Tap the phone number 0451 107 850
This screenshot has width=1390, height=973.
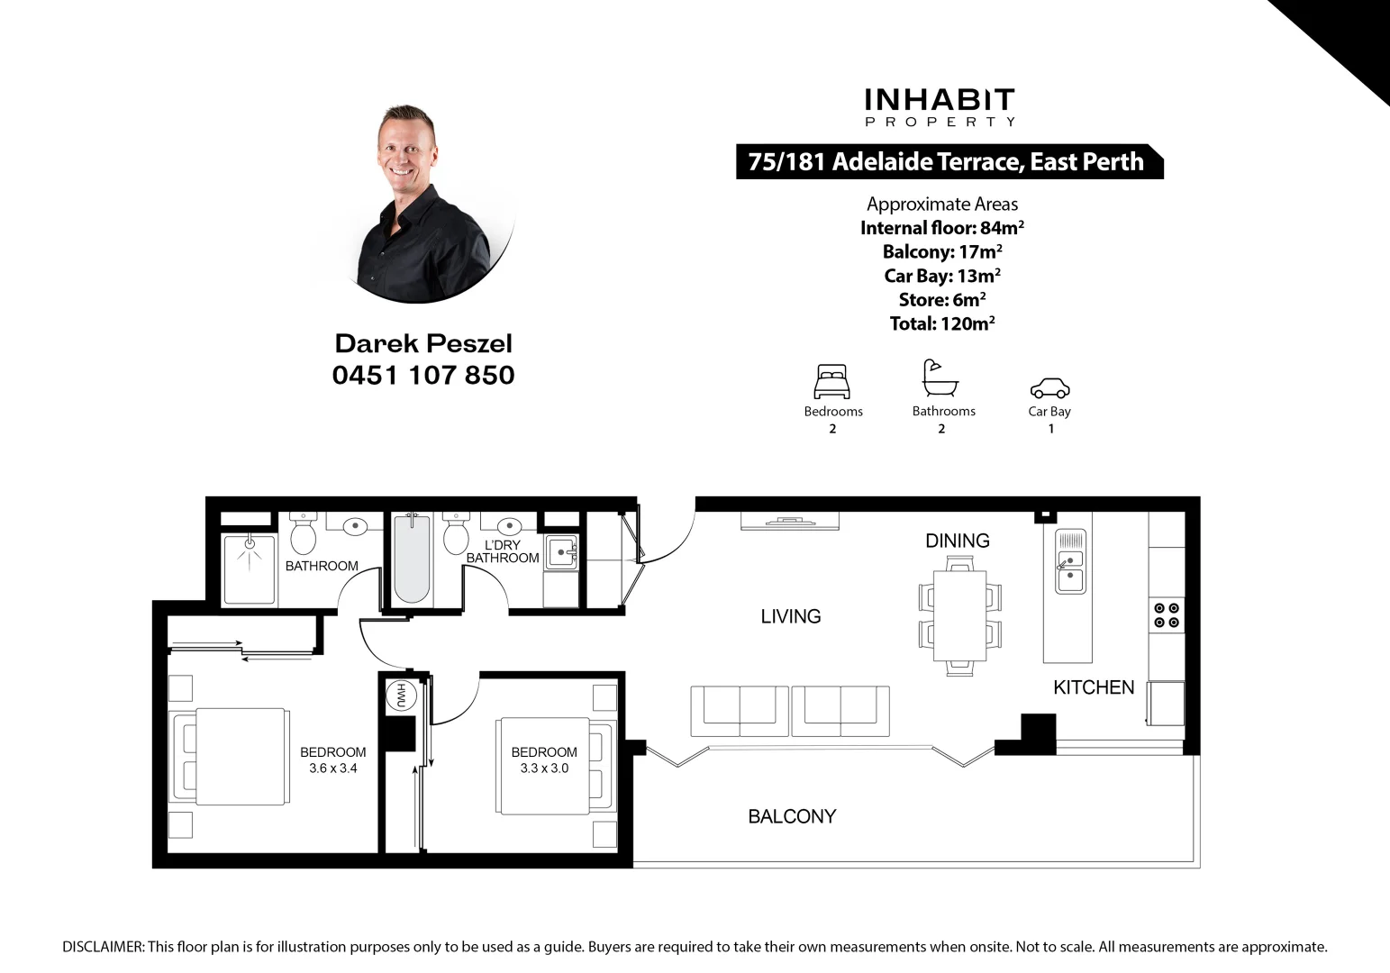point(423,375)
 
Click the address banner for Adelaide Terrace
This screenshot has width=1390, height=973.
point(946,162)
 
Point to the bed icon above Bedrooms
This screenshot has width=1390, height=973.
point(831,381)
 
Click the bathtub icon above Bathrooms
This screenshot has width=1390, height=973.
point(940,378)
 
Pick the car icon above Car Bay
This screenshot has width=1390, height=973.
point(1049,387)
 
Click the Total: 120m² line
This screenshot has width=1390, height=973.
point(941,323)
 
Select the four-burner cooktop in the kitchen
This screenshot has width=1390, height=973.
point(1167,615)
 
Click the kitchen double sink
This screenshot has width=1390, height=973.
point(1070,560)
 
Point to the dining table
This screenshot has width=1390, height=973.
point(959,615)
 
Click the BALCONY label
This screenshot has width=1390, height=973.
point(792,816)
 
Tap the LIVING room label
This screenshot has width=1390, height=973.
point(791,616)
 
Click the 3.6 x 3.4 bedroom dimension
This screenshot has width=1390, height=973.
point(333,768)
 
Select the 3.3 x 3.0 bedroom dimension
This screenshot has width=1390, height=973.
point(544,768)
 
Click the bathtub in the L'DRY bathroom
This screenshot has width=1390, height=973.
point(412,559)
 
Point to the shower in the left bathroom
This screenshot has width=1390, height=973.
point(250,569)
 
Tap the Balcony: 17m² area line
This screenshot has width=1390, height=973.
point(941,252)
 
